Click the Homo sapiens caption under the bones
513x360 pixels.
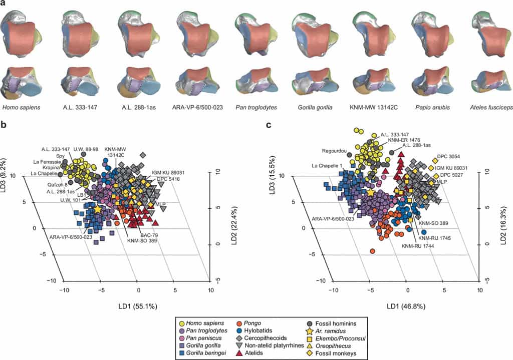coord(22,108)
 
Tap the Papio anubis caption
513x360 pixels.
coord(430,108)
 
